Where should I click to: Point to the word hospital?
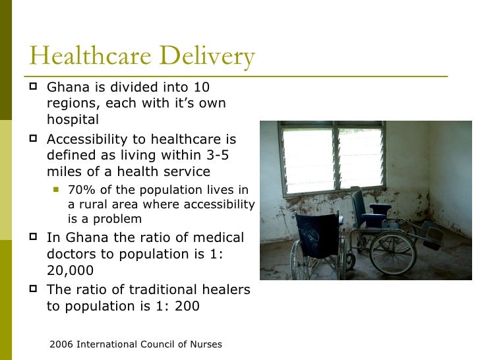pos(73,119)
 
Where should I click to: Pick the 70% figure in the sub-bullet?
pos(80,191)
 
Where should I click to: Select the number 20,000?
pos(70,270)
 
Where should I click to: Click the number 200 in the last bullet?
pos(188,306)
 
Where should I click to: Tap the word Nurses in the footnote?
pos(204,345)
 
